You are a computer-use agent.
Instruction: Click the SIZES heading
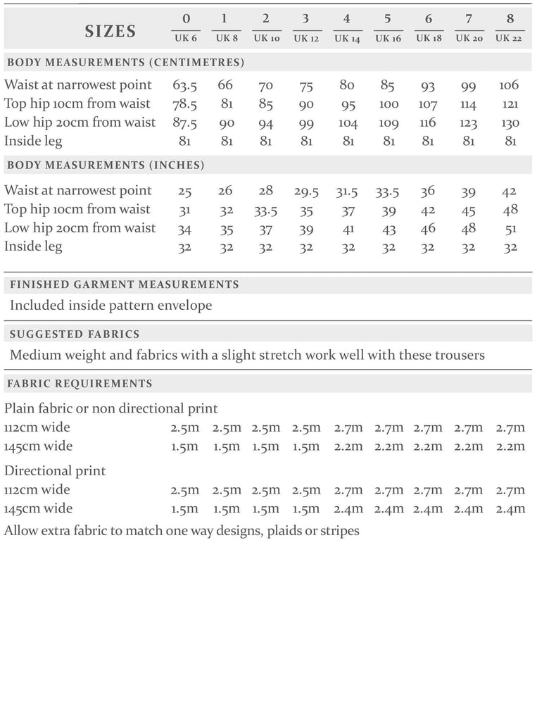coord(110,30)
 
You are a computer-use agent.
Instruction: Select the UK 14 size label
coord(347,38)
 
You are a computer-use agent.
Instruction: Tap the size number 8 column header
coord(509,18)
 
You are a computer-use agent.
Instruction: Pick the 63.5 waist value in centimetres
coord(184,85)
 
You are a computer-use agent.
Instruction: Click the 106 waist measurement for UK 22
coord(509,85)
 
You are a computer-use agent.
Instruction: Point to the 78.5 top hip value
coord(184,104)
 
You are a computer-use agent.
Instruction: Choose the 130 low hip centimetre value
coord(509,123)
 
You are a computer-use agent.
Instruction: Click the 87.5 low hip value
coord(184,123)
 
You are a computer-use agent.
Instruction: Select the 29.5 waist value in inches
coord(306,191)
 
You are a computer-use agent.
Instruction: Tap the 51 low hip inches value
coord(510,229)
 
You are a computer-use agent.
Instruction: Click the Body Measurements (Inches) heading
coord(106,166)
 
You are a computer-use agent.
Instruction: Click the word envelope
coord(184,306)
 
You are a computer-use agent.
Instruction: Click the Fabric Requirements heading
coord(80,384)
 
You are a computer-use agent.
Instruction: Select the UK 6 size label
coord(184,38)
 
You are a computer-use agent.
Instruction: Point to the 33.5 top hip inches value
coord(267,210)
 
